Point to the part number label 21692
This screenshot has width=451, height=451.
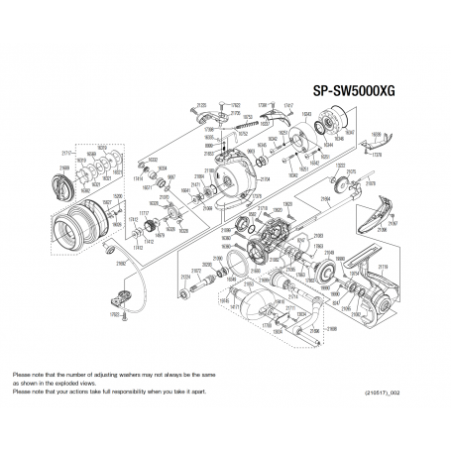pos(121,266)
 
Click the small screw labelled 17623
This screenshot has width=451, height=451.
pos(116,314)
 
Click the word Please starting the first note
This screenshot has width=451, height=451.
pos(21,374)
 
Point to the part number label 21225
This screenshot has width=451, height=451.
pos(202,104)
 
